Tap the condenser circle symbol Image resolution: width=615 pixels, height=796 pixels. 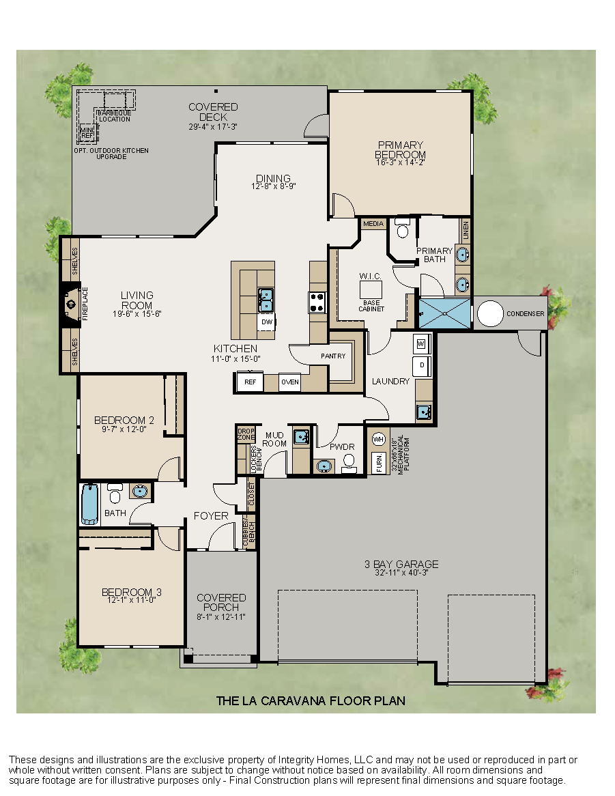[x=489, y=313]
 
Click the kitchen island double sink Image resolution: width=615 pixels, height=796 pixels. [x=266, y=298]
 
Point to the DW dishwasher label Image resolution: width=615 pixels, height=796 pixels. [x=266, y=322]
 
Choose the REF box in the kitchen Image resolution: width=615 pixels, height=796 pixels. [x=250, y=382]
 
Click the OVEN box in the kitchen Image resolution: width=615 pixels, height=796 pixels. [x=290, y=382]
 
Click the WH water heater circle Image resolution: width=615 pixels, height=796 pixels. [x=378, y=439]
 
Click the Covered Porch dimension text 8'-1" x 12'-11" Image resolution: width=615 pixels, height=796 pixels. [x=221, y=616]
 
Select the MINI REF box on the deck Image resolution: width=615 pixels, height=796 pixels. [x=87, y=132]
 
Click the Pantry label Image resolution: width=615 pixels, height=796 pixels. [x=333, y=356]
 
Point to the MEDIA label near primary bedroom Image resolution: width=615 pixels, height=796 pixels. [x=373, y=224]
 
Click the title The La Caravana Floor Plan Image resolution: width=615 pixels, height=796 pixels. [x=311, y=700]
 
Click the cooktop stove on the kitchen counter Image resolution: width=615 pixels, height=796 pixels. [x=317, y=302]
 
